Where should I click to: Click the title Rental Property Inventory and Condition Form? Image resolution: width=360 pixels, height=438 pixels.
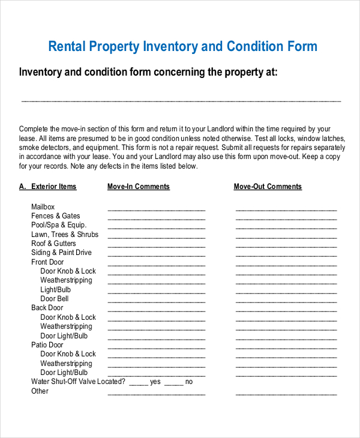(182, 47)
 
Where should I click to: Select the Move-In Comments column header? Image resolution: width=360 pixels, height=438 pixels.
(139, 187)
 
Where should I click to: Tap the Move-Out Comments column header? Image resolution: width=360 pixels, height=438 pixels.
(268, 187)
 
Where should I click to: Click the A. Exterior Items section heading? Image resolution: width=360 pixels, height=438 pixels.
(48, 187)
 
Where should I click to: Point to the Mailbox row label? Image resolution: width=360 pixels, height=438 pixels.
(43, 207)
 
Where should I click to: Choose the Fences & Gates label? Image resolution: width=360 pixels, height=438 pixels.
(55, 216)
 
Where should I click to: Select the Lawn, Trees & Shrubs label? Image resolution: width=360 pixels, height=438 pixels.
(65, 235)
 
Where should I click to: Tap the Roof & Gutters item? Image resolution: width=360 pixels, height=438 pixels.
(53, 244)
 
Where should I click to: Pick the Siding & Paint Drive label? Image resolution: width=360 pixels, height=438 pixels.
(61, 253)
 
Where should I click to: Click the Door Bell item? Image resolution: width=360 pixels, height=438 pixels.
(55, 299)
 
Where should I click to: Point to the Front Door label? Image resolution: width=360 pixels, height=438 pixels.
(47, 262)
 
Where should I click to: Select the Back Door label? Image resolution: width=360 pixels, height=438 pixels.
(47, 308)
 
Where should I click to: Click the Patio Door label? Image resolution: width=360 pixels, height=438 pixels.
(47, 345)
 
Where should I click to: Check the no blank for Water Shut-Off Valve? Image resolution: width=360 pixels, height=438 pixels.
(173, 383)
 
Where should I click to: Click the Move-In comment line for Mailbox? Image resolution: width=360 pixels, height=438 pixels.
(156, 209)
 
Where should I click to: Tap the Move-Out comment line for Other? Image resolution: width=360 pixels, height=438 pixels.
(286, 394)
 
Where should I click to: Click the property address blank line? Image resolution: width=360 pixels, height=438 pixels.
(181, 100)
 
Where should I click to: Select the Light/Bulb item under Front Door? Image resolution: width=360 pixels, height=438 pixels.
(56, 290)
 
